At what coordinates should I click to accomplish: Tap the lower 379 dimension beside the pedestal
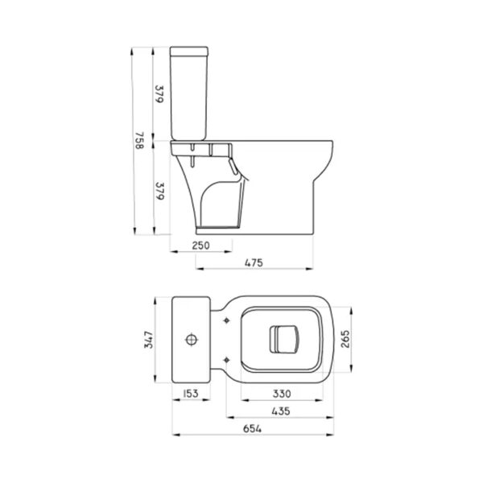[x=159, y=192]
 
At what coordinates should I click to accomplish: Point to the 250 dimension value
[x=201, y=246]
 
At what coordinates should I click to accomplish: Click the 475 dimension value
[x=254, y=262]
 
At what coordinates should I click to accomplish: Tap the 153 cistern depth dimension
[x=190, y=394]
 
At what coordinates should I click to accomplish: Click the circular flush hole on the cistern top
[x=192, y=339]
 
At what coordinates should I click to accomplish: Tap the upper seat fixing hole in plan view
[x=230, y=321]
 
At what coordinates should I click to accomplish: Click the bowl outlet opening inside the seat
[x=283, y=339]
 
